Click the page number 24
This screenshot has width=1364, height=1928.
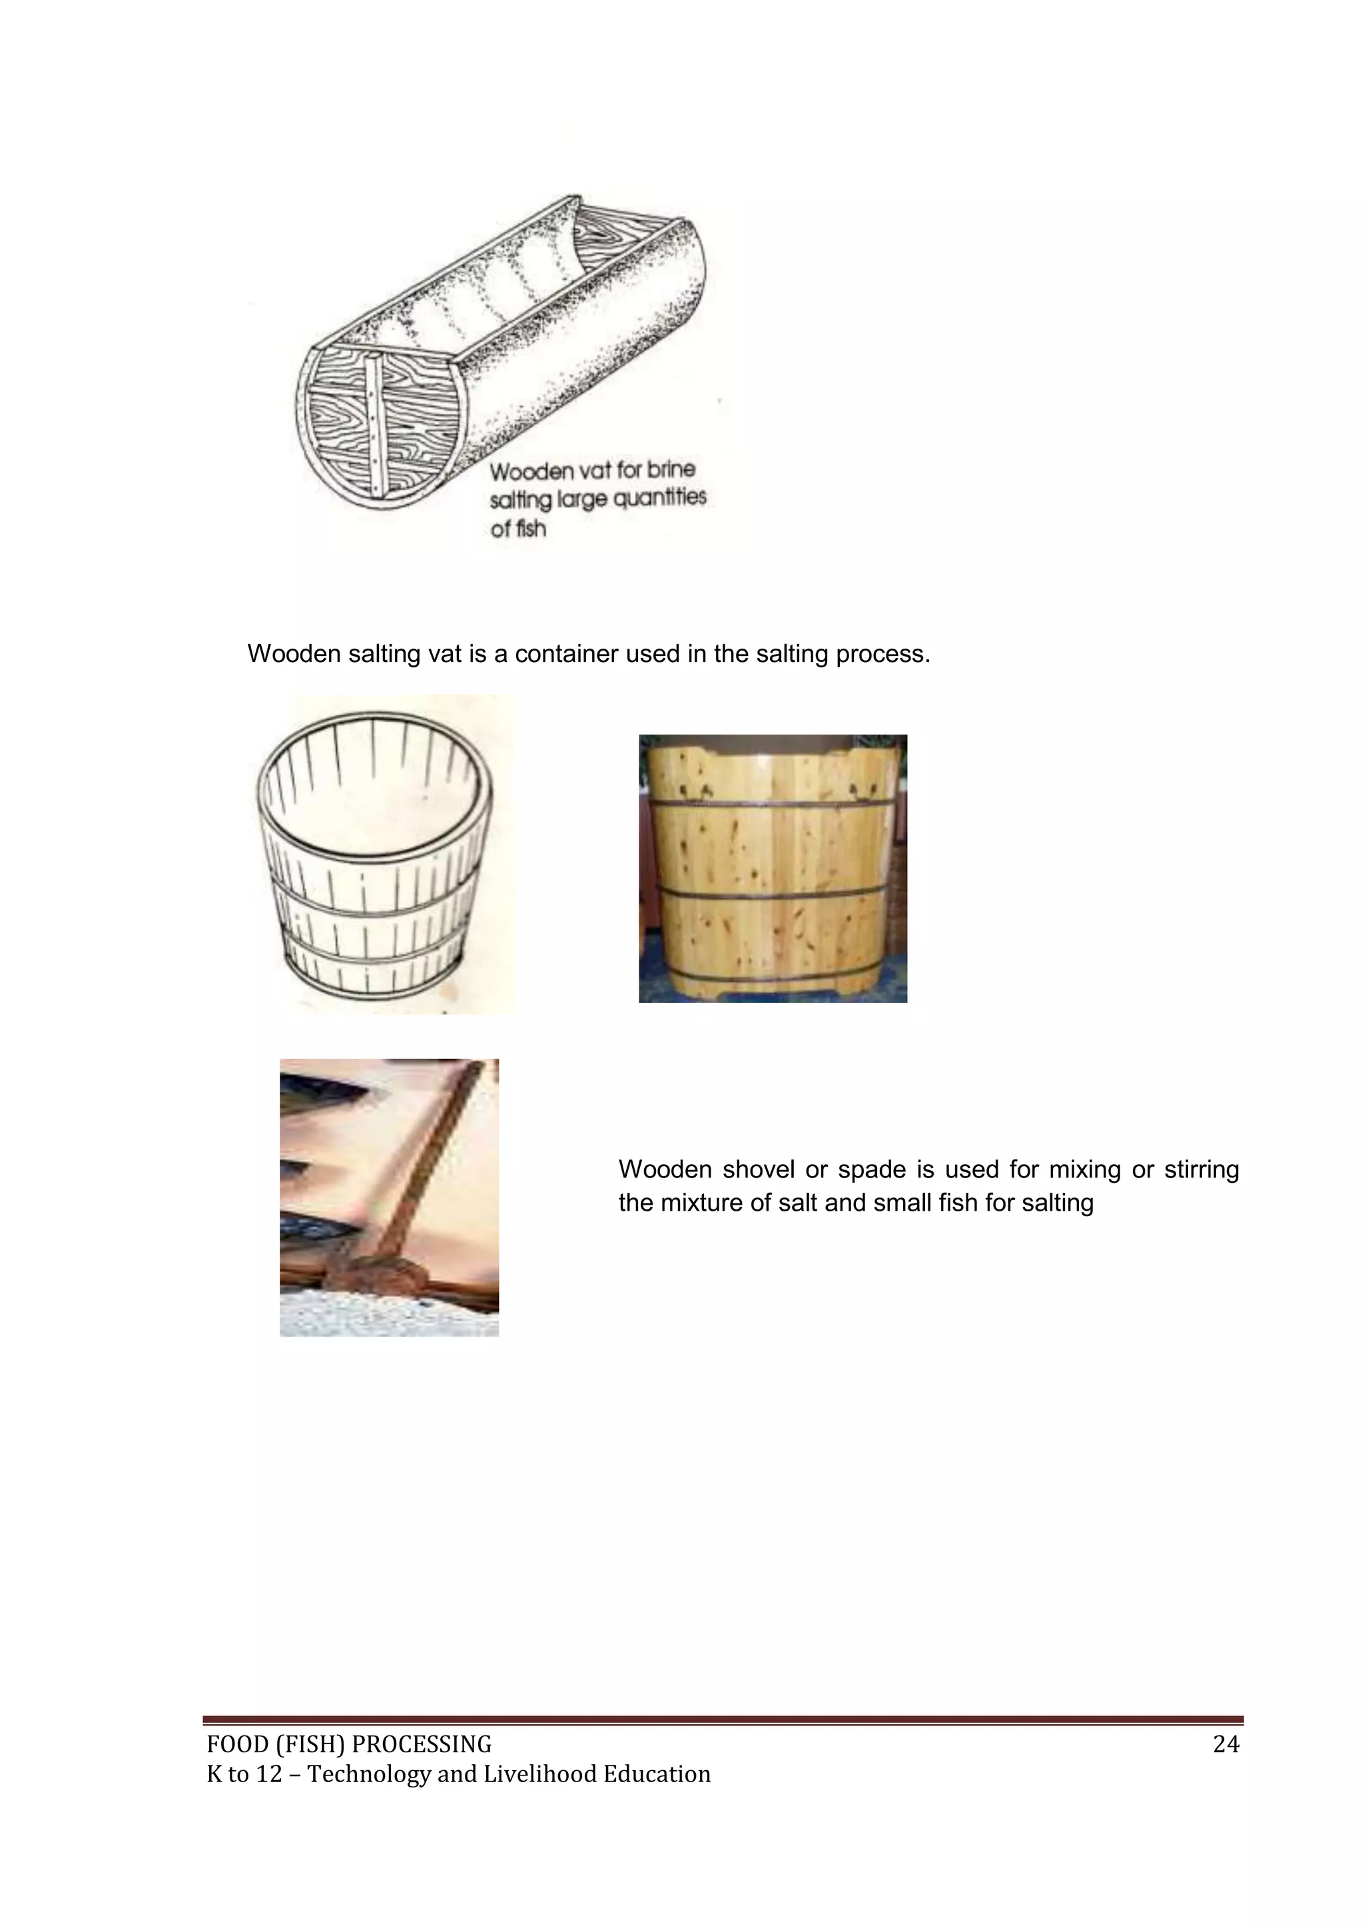pos(1225,1744)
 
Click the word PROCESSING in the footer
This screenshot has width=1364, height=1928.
pos(421,1745)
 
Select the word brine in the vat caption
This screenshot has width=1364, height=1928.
pos(671,469)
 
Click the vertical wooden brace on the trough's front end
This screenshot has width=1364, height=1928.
pos(374,424)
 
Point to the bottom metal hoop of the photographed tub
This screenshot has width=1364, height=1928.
pos(773,972)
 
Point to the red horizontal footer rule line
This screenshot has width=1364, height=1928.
pos(723,1720)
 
